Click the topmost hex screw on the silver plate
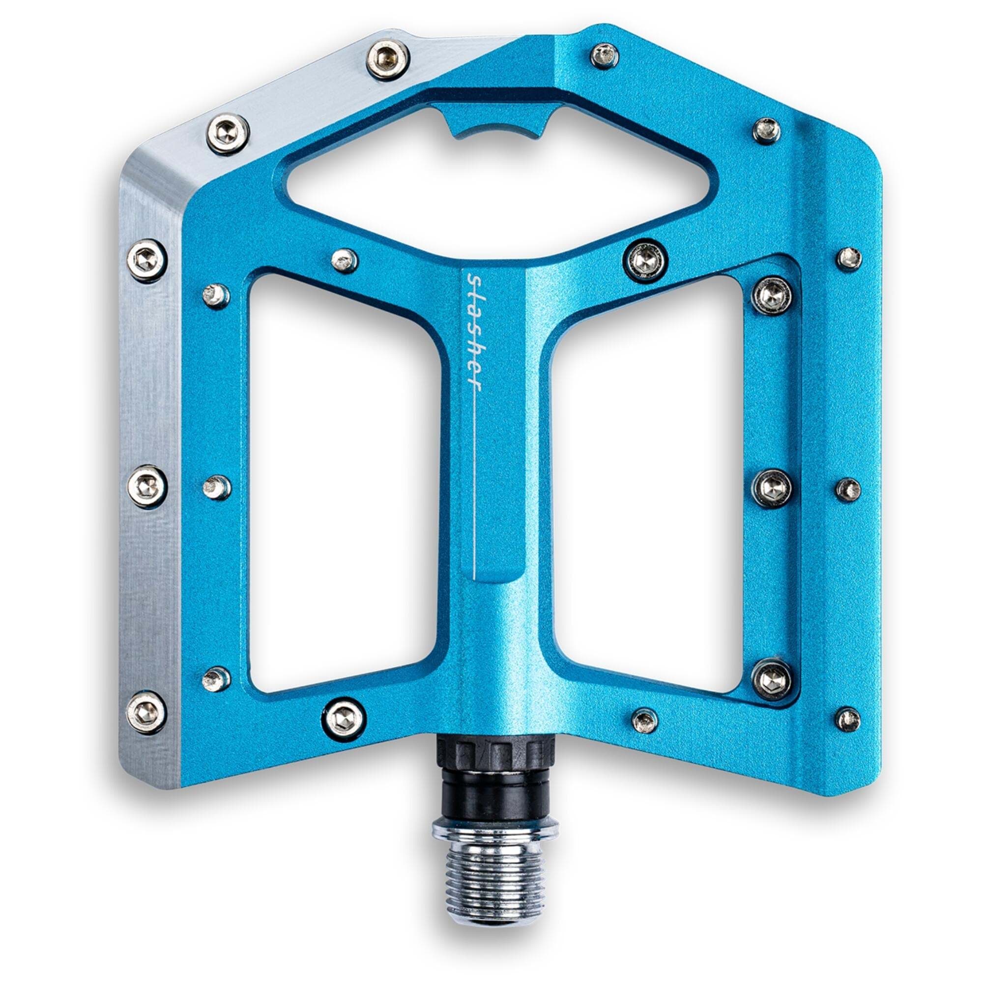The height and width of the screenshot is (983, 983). pos(389,60)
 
